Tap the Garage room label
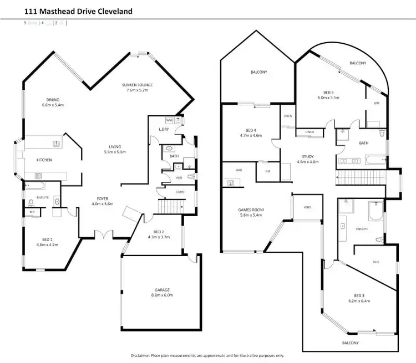(x=161, y=289)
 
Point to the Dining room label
(x=53, y=100)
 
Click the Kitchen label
(x=44, y=160)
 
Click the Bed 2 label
(x=158, y=232)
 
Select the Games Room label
(x=249, y=209)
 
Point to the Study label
(x=308, y=157)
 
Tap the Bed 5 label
(x=328, y=93)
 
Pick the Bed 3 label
(x=359, y=295)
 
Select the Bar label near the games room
(x=239, y=170)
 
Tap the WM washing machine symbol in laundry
(x=169, y=120)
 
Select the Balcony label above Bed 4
(x=258, y=72)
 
